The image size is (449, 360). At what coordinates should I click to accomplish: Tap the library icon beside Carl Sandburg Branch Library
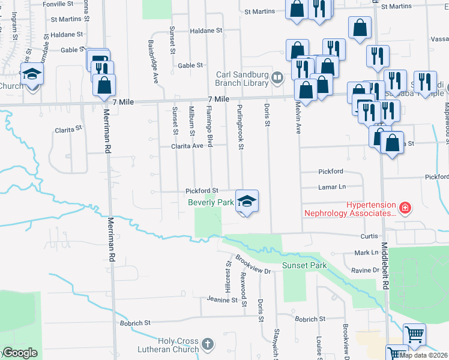tap(277, 77)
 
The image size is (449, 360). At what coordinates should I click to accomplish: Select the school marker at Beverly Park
tap(246, 200)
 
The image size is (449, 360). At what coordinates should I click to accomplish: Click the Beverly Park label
tap(211, 203)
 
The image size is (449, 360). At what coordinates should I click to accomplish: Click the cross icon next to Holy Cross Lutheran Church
tap(208, 344)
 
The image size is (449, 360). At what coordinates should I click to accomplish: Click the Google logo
tap(20, 353)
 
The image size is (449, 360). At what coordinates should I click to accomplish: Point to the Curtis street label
tap(368, 236)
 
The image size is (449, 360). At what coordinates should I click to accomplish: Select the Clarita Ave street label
tap(187, 146)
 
